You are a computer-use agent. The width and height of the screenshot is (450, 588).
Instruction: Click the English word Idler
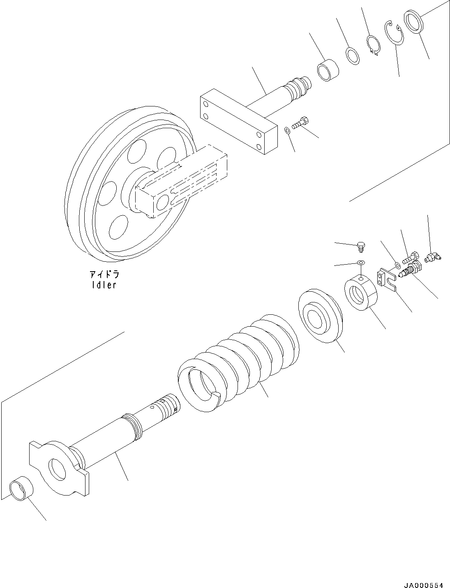[x=104, y=284]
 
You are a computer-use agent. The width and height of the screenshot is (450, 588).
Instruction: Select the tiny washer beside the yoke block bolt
[x=287, y=130]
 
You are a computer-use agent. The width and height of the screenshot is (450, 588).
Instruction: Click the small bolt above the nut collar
[x=361, y=247]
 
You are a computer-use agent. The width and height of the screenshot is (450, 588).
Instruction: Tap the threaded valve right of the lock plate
[x=409, y=271]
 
